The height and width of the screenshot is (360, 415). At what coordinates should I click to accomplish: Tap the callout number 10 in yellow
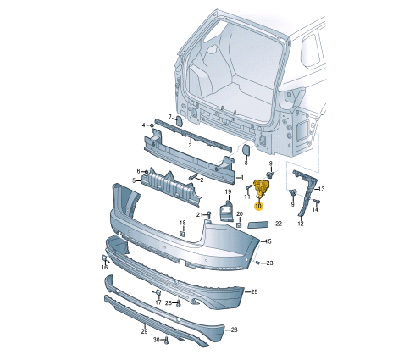pyautogui.click(x=258, y=205)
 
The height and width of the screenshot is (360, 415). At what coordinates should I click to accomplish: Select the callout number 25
pyautogui.click(x=254, y=291)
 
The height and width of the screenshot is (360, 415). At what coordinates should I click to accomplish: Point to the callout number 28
pyautogui.click(x=234, y=330)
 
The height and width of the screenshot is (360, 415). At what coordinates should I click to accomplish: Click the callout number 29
pyautogui.click(x=144, y=331)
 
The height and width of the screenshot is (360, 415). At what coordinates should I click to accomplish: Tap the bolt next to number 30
pyautogui.click(x=167, y=341)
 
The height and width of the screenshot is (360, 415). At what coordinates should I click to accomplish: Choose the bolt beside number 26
pyautogui.click(x=179, y=303)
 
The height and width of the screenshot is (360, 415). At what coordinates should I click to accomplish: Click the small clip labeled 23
pyautogui.click(x=257, y=263)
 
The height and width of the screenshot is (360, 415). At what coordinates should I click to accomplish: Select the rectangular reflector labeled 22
pyautogui.click(x=258, y=224)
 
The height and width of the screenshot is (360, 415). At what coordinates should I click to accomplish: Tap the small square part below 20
pyautogui.click(x=240, y=225)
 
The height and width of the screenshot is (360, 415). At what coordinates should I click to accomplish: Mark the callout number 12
pyautogui.click(x=300, y=224)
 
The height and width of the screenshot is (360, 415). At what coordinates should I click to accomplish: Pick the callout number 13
pyautogui.click(x=322, y=189)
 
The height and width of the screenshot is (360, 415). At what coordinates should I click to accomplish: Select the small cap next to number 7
pyautogui.click(x=179, y=120)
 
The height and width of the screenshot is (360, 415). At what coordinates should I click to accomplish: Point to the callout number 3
pyautogui.click(x=190, y=145)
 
